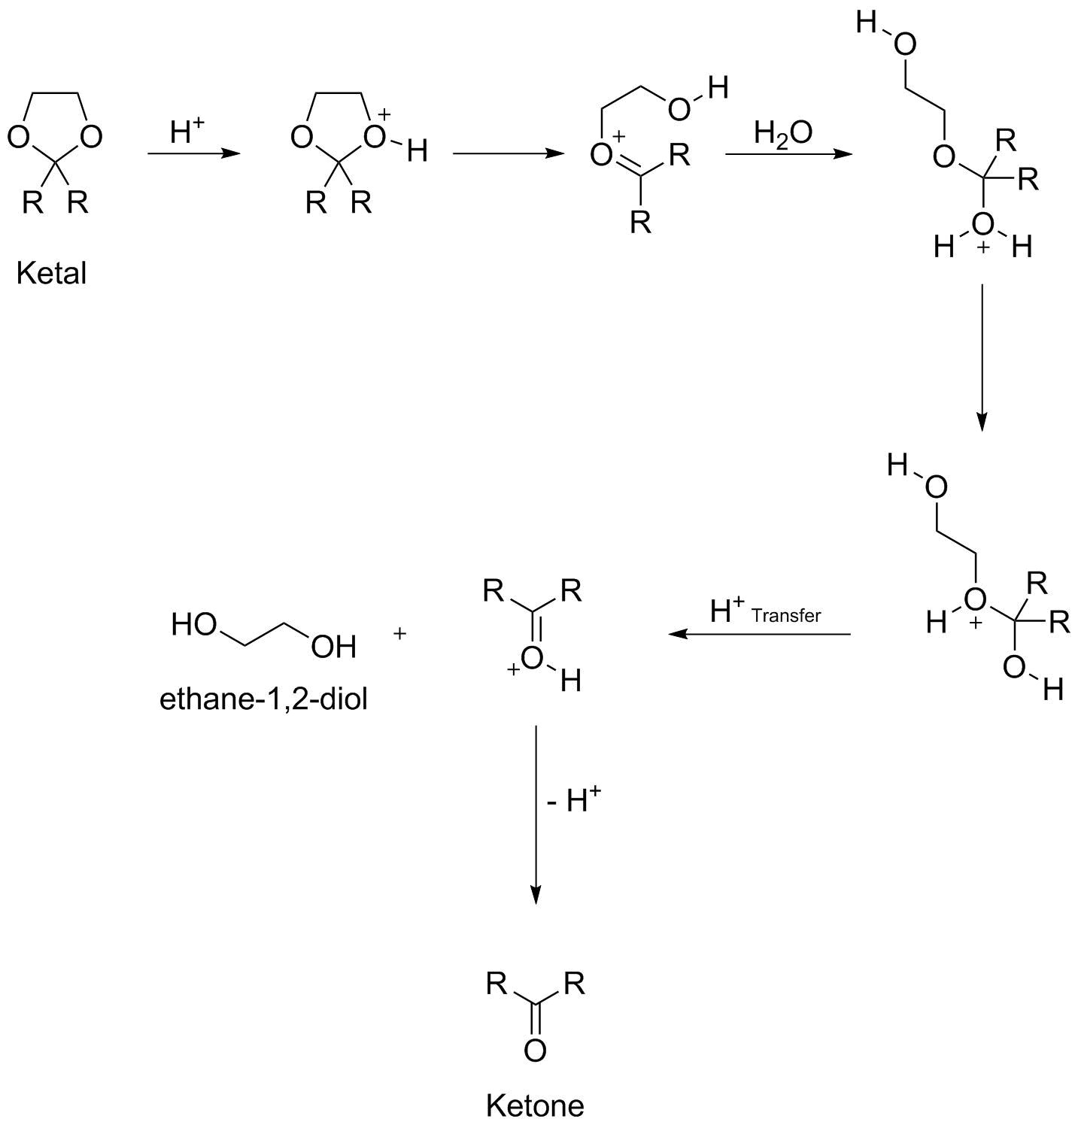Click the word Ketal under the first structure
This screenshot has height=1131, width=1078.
click(x=51, y=273)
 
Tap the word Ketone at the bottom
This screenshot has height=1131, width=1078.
click(x=534, y=1105)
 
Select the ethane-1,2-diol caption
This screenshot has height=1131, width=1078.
click(x=263, y=699)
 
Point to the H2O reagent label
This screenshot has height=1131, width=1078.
click(x=782, y=133)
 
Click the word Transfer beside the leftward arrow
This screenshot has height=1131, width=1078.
click(x=786, y=616)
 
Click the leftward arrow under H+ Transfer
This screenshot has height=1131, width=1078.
click(x=759, y=634)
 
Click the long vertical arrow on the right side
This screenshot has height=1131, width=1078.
click(x=981, y=357)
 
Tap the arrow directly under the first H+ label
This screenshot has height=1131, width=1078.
click(x=193, y=154)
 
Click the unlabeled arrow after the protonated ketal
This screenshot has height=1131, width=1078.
click(x=509, y=154)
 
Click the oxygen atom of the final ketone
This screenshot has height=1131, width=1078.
click(x=535, y=1050)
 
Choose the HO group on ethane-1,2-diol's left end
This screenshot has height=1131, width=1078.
click(x=194, y=624)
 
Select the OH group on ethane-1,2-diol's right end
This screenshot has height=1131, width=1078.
click(x=333, y=647)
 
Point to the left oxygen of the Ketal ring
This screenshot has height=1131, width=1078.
click(x=18, y=137)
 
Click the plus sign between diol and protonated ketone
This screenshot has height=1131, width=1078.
click(x=399, y=634)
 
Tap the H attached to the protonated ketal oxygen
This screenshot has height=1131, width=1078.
click(x=417, y=152)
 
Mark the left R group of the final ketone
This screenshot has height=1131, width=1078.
click(x=496, y=983)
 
